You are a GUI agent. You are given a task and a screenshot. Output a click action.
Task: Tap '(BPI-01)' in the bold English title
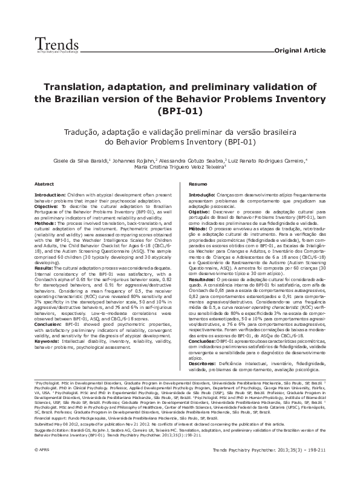(x=180, y=112)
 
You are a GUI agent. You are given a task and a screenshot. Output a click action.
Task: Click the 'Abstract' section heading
(x=44, y=184)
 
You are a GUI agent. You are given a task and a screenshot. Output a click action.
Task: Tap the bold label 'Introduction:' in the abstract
(x=49, y=196)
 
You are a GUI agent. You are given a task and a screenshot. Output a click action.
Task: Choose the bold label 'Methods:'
(x=45, y=223)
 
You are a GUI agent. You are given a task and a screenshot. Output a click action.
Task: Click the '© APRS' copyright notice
(x=41, y=467)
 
